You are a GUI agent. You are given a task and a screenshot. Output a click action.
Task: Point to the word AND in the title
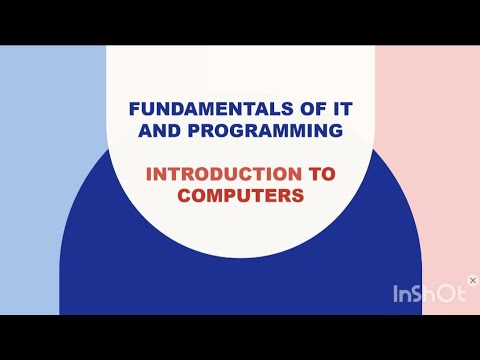[x=159, y=131]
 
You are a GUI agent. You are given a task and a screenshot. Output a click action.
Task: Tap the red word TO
[x=321, y=174]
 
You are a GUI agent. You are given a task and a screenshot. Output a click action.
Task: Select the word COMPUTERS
[x=240, y=196]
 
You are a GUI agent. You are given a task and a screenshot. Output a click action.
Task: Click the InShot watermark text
[x=427, y=294]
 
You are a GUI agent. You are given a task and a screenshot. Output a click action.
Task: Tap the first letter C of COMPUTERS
[x=185, y=196]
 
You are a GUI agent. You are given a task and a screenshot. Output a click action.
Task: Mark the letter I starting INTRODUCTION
[x=149, y=174]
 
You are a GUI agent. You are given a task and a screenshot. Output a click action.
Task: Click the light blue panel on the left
[x=50, y=180]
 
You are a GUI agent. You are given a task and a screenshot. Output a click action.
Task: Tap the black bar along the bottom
[x=240, y=337]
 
